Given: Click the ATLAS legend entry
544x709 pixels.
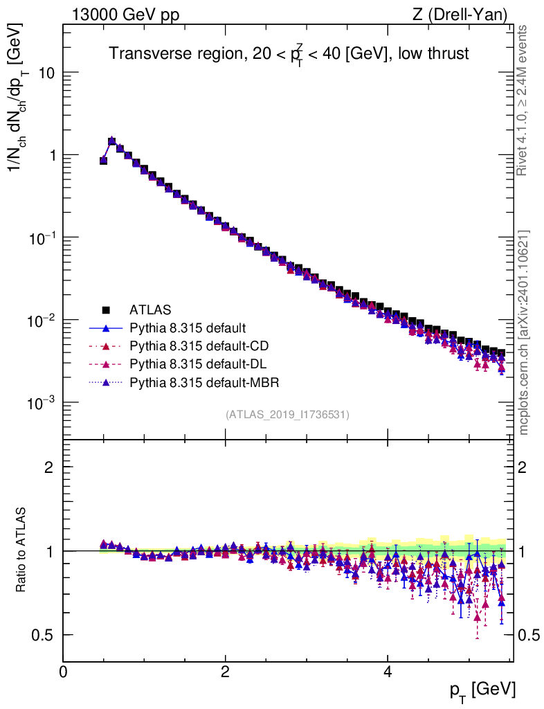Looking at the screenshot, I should click(x=150, y=309).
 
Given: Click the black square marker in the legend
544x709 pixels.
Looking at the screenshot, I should click(x=106, y=309).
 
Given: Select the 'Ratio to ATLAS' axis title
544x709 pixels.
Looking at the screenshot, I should click(x=22, y=550).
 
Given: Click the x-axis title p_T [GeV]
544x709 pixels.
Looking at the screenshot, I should click(x=482, y=690).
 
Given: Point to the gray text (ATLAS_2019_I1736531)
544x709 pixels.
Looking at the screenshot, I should click(x=287, y=415).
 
